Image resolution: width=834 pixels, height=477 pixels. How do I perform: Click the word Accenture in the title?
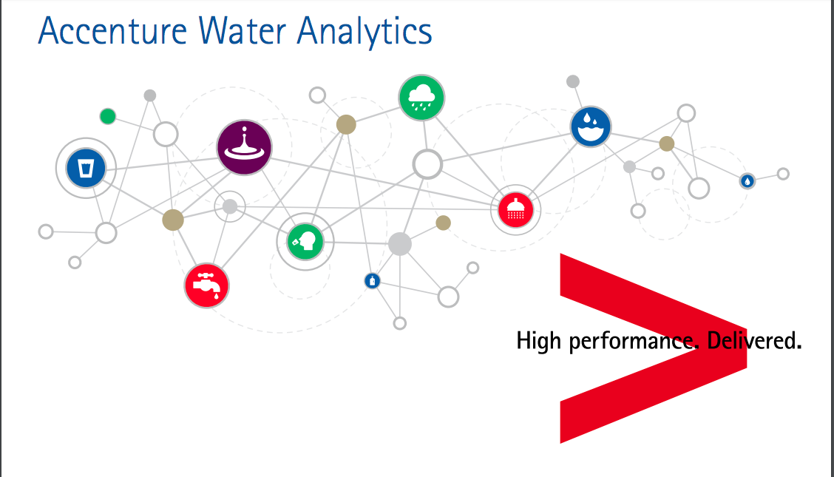pyautogui.click(x=103, y=31)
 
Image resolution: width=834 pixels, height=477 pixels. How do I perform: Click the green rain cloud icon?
pyautogui.click(x=422, y=98)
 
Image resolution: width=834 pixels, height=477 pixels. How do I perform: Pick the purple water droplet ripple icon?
pyautogui.click(x=244, y=148)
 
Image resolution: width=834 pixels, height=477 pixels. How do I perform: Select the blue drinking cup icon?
pyautogui.click(x=87, y=168)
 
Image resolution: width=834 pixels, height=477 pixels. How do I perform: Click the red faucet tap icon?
pyautogui.click(x=207, y=285)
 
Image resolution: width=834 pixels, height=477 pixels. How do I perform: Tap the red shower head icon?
pyautogui.click(x=515, y=210)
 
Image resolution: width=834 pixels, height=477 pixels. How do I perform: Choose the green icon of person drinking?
pyautogui.click(x=305, y=241)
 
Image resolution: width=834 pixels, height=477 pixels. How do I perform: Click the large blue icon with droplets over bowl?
pyautogui.click(x=591, y=126)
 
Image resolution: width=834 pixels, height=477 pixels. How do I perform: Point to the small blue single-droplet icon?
pyautogui.click(x=747, y=180)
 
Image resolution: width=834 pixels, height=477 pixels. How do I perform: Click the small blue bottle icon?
pyautogui.click(x=373, y=280)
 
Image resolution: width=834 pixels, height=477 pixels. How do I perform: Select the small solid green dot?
pyautogui.click(x=108, y=116)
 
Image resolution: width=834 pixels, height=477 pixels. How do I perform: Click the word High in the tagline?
pyautogui.click(x=538, y=341)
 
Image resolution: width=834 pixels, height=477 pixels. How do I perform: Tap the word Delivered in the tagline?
pyautogui.click(x=754, y=341)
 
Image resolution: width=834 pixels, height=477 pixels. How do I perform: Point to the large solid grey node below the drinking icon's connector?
pyautogui.click(x=399, y=244)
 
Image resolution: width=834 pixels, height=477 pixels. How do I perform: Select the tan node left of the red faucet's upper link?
pyautogui.click(x=172, y=220)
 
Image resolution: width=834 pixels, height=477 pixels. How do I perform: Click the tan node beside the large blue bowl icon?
pyautogui.click(x=667, y=143)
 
